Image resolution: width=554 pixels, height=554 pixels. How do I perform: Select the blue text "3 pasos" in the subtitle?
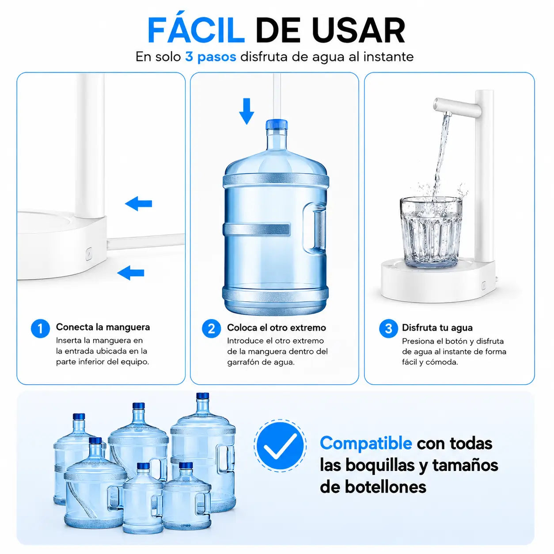(x=211, y=57)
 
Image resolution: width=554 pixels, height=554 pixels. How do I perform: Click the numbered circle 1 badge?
(x=40, y=328)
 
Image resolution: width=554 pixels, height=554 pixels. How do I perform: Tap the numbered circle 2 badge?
(x=211, y=329)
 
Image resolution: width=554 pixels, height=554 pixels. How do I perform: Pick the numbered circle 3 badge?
(x=388, y=328)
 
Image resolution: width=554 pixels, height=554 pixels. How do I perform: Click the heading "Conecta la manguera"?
(x=103, y=327)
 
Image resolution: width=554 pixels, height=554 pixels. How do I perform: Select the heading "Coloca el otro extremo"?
(x=277, y=328)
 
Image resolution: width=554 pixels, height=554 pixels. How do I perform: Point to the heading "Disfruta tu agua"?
(x=437, y=328)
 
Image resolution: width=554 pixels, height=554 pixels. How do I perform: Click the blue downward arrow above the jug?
(x=247, y=111)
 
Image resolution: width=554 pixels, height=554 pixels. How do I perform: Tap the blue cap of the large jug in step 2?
(x=277, y=125)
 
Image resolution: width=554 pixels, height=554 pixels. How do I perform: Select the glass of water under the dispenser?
(x=431, y=232)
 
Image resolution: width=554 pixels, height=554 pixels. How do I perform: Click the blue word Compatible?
(x=366, y=443)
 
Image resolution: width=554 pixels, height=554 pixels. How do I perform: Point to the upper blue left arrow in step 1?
(x=139, y=204)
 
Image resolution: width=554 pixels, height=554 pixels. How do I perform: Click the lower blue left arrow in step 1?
(x=131, y=273)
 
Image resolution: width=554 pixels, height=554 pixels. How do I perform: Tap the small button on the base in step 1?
(x=89, y=254)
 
